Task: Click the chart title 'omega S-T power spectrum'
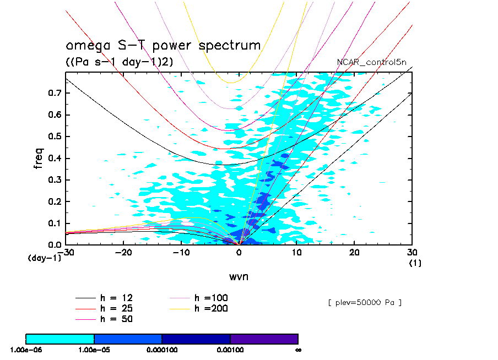click(163, 46)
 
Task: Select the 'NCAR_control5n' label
click(372, 62)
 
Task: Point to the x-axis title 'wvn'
click(239, 276)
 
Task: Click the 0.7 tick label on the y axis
click(54, 93)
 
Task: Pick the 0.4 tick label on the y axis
click(54, 159)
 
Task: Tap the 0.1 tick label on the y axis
click(54, 223)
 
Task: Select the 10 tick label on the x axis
click(297, 252)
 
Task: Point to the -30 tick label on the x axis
click(67, 252)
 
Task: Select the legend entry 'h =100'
click(212, 298)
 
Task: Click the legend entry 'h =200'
click(212, 308)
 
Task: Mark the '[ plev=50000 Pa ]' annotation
click(364, 303)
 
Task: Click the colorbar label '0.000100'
click(161, 349)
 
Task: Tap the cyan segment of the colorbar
click(60, 338)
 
